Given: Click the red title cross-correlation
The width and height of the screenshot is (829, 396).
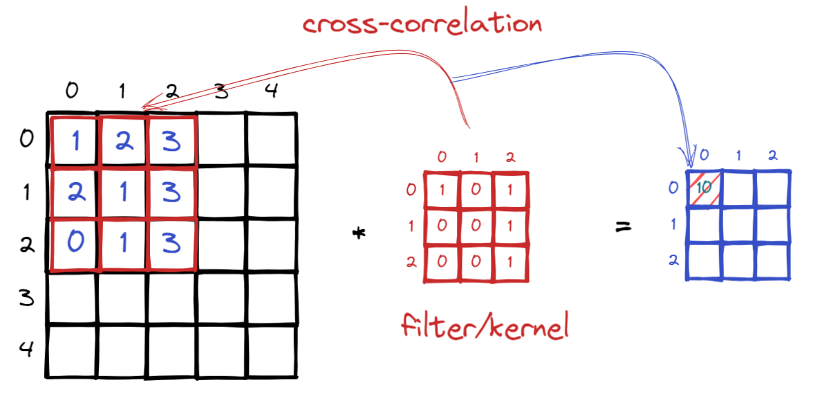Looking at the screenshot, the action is (x=422, y=24).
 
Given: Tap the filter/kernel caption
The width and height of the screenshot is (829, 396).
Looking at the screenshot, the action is (x=484, y=326).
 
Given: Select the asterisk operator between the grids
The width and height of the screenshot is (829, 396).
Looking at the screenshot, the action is (x=358, y=233).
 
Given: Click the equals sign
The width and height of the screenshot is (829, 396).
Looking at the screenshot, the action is (x=625, y=226).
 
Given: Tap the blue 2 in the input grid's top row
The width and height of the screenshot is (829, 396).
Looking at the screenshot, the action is (x=122, y=141).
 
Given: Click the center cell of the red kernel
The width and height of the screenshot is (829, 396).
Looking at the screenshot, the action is (x=476, y=227).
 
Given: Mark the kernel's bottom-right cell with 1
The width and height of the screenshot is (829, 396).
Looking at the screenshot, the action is (x=510, y=263).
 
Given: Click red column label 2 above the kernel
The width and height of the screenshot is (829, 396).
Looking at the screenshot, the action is (x=510, y=157).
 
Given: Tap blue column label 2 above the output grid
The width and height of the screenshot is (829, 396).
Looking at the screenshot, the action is (x=772, y=156).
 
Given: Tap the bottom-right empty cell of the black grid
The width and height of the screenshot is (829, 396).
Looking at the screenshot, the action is (x=272, y=350).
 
